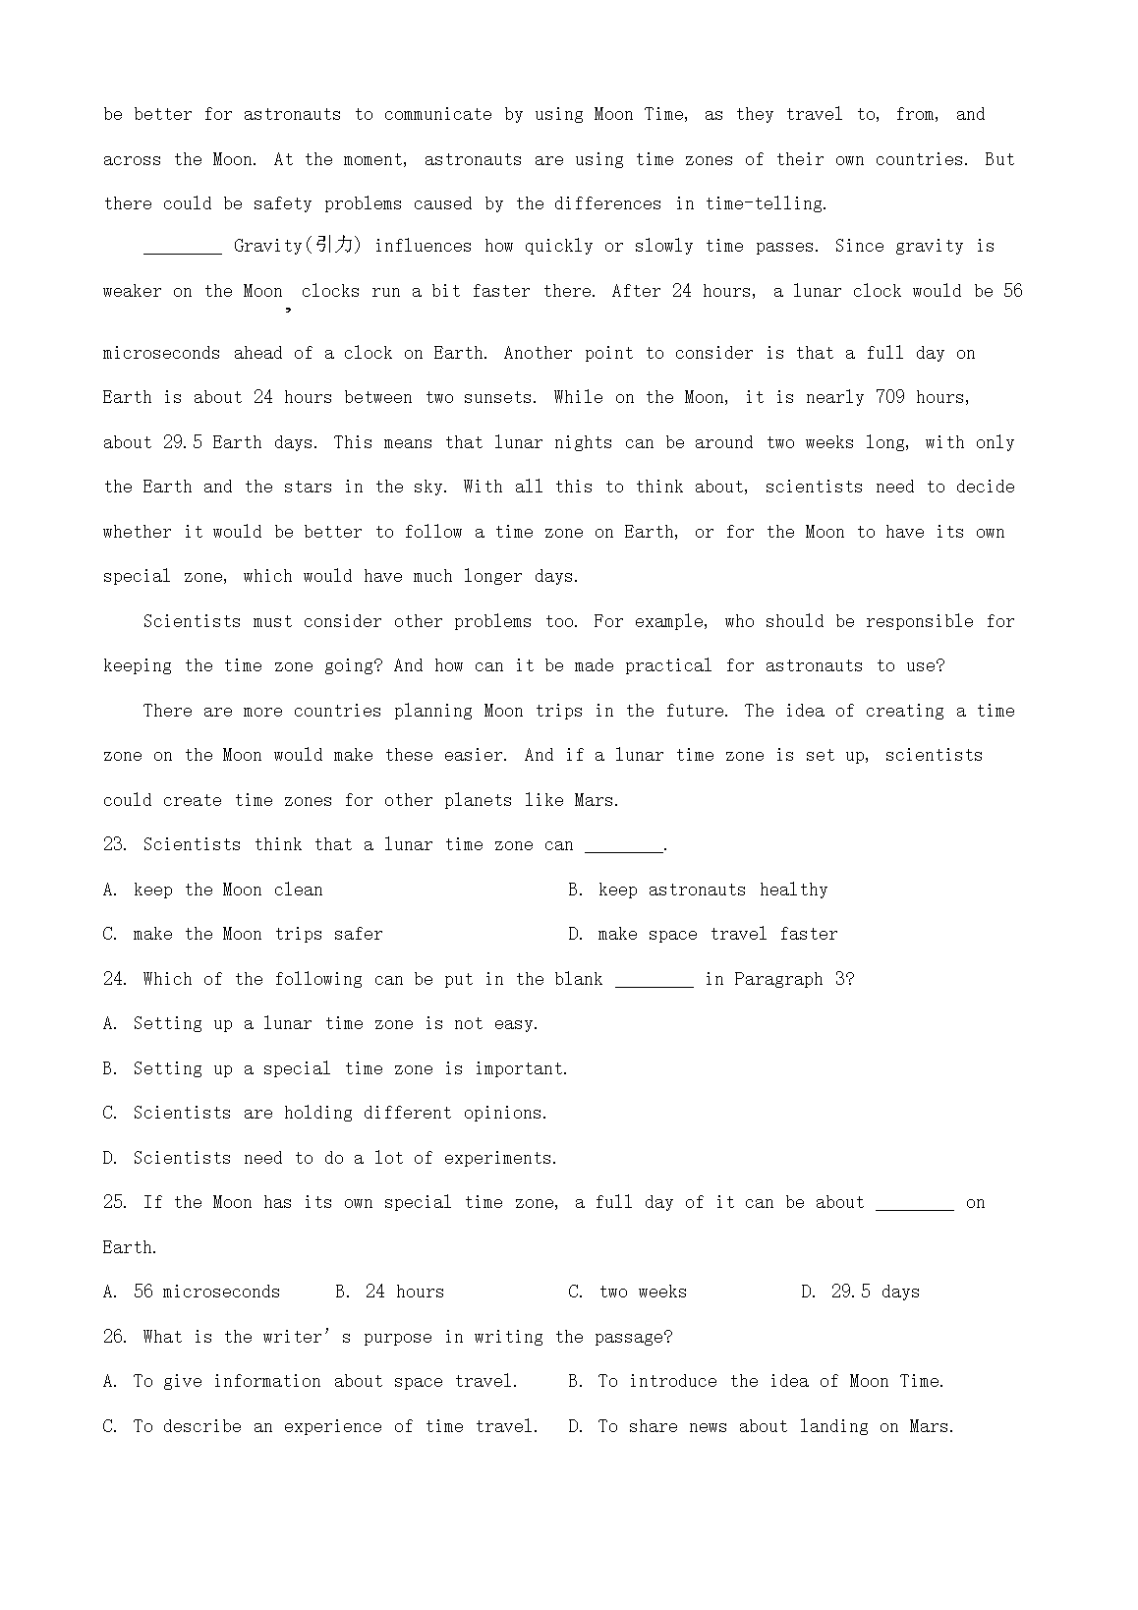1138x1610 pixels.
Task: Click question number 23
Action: tap(115, 844)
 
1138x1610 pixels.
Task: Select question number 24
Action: tap(115, 979)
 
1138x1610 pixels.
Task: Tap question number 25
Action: tap(115, 1202)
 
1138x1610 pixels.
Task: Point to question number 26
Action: tap(115, 1337)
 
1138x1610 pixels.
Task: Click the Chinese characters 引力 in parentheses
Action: tap(334, 246)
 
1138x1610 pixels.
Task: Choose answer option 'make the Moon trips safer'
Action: tap(257, 934)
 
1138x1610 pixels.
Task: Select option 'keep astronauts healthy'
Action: tap(712, 890)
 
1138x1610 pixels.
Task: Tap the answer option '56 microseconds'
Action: tap(206, 1292)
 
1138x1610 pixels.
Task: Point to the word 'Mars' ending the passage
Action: tap(595, 800)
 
